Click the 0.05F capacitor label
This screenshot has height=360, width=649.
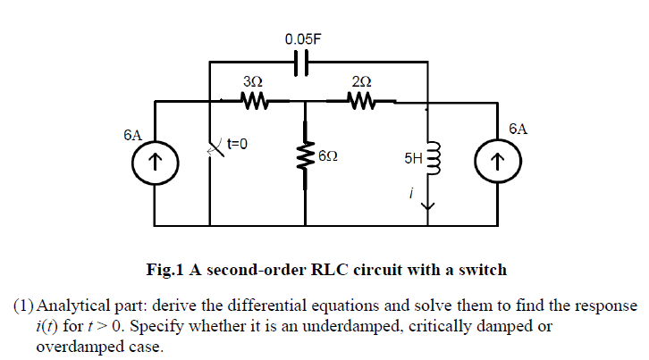[305, 39]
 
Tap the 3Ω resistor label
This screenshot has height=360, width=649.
[252, 82]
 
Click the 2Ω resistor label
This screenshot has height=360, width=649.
[362, 82]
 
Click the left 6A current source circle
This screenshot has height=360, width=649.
[155, 162]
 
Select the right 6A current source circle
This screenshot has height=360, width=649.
[498, 162]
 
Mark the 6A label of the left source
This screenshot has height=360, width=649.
[132, 135]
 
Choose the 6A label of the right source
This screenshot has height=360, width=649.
[518, 129]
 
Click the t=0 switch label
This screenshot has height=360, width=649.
[237, 142]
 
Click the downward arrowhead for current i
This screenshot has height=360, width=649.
[430, 207]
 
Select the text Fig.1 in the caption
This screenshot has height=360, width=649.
[167, 269]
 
